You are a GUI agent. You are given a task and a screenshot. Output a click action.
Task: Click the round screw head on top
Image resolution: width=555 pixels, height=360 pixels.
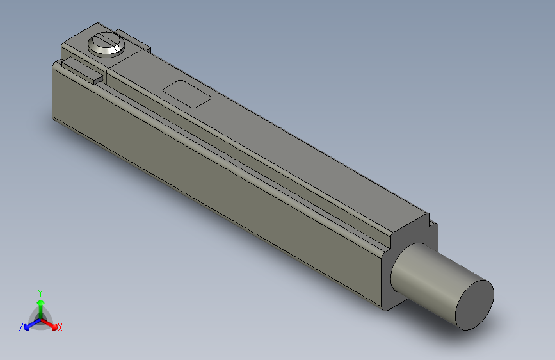coord(105,45)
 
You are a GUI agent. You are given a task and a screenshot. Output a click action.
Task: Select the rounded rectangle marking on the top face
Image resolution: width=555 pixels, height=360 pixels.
coord(187,94)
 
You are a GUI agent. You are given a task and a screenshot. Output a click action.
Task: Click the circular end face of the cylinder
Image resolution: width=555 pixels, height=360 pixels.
coord(474,304)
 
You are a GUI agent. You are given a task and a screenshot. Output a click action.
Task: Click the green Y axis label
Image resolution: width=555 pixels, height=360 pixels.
coord(40,292)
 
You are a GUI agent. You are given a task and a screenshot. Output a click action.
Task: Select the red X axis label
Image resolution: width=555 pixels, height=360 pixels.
coord(60,327)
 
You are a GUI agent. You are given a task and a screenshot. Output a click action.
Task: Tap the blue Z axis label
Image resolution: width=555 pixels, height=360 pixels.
coord(21,327)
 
